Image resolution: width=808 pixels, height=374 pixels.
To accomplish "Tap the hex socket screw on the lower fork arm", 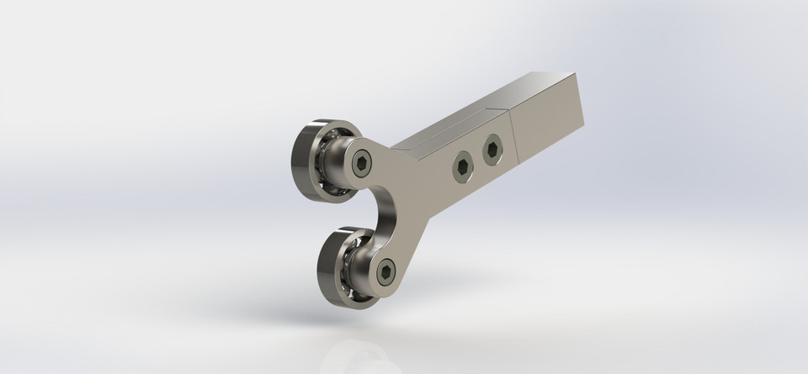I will click(x=385, y=270).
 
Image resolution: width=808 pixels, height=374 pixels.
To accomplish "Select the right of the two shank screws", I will click(x=492, y=150).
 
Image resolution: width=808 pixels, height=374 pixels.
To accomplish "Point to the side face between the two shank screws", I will click(x=476, y=160).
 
